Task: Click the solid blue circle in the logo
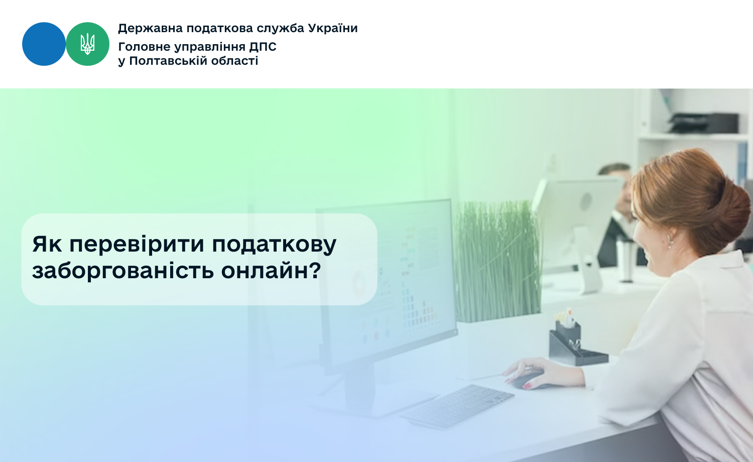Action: [44, 44]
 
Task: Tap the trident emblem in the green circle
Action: [87, 44]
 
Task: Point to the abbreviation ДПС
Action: [263, 47]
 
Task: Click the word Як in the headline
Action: [47, 244]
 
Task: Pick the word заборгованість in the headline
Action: [123, 271]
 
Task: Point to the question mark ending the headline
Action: [314, 270]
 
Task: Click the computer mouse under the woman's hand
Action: [531, 381]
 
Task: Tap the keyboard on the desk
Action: [457, 406]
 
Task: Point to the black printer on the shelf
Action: [704, 123]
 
